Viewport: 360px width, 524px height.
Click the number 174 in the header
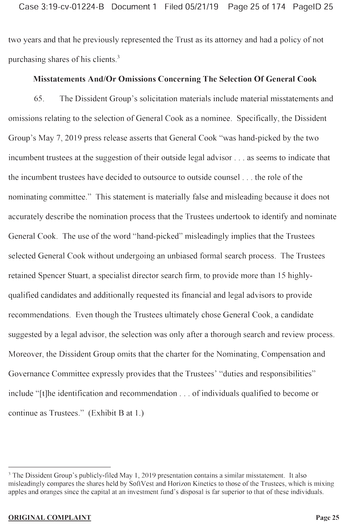pyautogui.click(x=276, y=7)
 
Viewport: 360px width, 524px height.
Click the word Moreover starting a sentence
pyautogui.click(x=24, y=354)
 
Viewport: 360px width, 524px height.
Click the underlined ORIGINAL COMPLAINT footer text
pyautogui.click(x=49, y=518)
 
